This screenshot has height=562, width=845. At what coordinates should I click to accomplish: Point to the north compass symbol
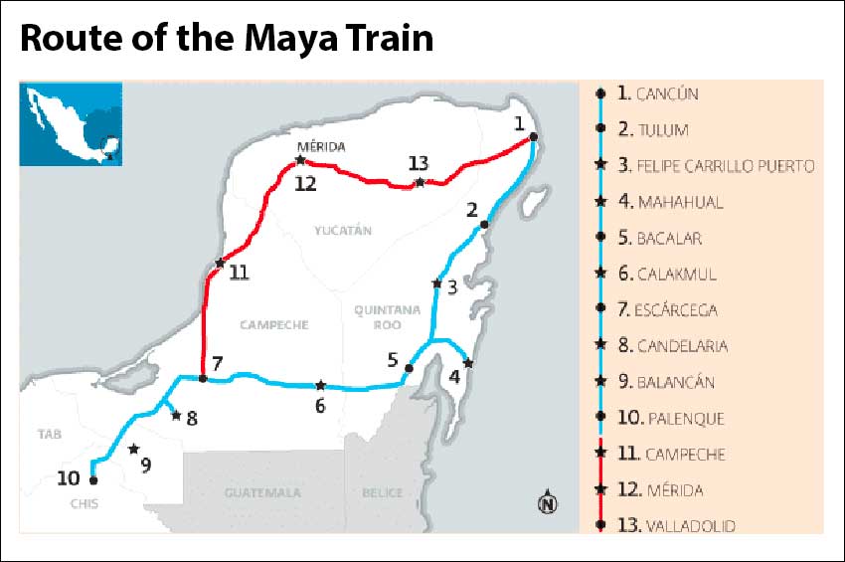547,503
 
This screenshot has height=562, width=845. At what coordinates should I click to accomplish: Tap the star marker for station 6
320,386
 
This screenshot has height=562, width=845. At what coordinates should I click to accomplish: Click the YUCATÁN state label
342,231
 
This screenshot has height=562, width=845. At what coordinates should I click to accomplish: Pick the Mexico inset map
71,123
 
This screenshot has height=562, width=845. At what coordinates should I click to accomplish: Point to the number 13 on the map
419,163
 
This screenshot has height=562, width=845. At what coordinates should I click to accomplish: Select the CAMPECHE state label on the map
273,324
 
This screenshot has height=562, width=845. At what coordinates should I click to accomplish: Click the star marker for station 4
468,363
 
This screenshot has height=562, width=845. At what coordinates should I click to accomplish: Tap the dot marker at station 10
93,480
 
